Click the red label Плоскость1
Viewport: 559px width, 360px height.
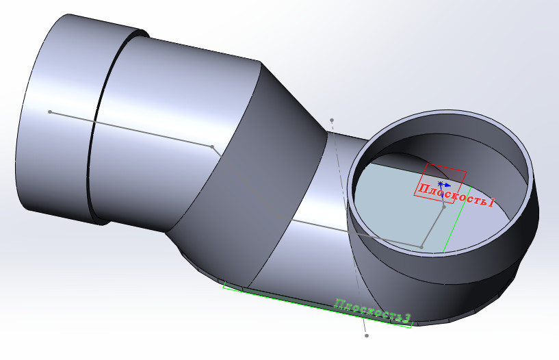(x=456, y=194)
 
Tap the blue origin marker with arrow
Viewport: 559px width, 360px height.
(x=443, y=185)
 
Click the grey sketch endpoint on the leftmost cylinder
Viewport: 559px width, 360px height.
(x=50, y=112)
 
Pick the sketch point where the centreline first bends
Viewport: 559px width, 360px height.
(x=212, y=147)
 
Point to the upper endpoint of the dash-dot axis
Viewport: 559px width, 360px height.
(x=332, y=120)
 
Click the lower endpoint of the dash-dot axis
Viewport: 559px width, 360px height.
(x=367, y=335)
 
